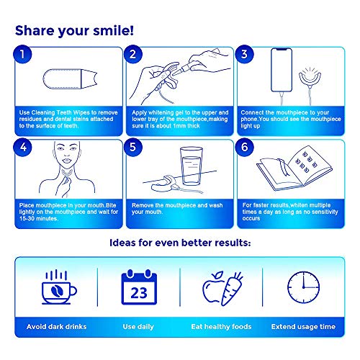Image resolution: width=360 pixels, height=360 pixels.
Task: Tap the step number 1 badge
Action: click(x=25, y=54)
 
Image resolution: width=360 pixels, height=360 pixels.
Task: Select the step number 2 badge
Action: click(x=132, y=54)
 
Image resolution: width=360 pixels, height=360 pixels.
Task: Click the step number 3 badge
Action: click(x=245, y=54)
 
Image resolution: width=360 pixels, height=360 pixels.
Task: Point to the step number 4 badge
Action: click(x=25, y=148)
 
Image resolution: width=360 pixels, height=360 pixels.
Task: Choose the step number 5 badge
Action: click(x=132, y=148)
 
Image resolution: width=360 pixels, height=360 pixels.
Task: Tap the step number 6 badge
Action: click(x=245, y=148)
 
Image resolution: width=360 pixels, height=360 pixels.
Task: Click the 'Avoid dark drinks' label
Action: click(x=55, y=326)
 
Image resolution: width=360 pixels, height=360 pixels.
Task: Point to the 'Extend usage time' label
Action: click(x=302, y=326)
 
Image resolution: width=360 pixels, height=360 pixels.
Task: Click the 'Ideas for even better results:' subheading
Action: click(x=179, y=243)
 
